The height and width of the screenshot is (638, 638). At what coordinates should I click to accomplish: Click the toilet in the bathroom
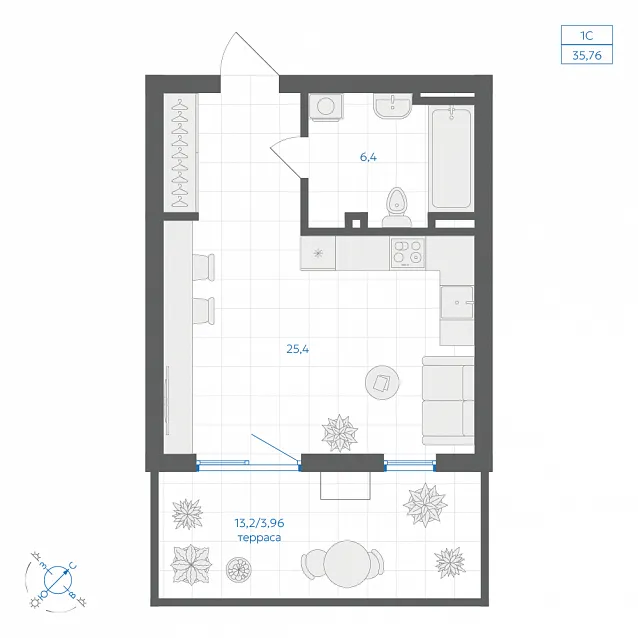point(397,207)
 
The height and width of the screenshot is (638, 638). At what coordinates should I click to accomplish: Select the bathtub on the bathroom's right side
point(451,158)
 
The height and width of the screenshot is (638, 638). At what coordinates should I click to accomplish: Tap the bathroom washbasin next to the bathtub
point(393,106)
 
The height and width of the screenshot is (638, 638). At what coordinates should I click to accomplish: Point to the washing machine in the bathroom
point(326,107)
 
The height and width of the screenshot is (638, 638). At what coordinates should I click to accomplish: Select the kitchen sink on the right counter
point(457,302)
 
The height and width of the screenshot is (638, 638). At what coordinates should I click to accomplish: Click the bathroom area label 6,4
point(368,157)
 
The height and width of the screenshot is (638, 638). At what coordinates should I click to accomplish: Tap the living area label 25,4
point(297,349)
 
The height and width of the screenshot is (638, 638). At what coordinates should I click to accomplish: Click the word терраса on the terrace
point(259,538)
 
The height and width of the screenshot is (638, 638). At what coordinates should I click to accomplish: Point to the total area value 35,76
point(587,55)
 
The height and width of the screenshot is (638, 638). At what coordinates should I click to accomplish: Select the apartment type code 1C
point(587,35)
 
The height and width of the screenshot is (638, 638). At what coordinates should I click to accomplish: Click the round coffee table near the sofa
point(382,382)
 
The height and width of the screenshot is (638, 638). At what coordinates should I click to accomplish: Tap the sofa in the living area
point(448,401)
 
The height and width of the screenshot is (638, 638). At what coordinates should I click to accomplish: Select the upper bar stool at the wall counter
point(203,267)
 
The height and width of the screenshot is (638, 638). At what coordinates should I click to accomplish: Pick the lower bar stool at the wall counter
point(203,311)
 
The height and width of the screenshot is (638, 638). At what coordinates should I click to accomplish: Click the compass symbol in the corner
point(58,579)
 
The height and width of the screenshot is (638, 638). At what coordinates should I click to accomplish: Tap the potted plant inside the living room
point(340,433)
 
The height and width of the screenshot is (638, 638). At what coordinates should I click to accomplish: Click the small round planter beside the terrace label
point(238,569)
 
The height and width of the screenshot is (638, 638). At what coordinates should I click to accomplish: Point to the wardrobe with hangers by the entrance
point(181,153)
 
